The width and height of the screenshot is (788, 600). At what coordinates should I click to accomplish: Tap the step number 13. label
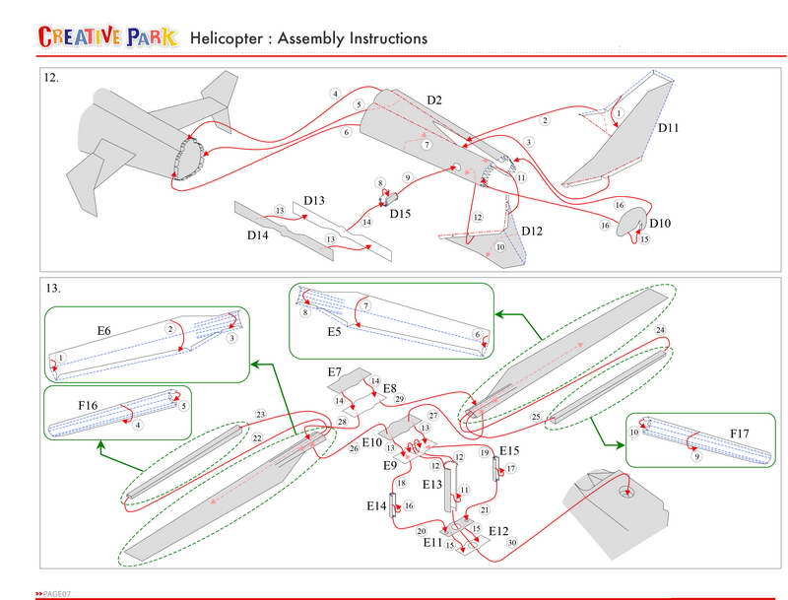click(x=52, y=289)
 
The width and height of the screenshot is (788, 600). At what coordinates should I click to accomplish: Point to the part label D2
click(x=433, y=100)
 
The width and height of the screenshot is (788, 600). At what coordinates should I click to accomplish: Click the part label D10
click(x=660, y=224)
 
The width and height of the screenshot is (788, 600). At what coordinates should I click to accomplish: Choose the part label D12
click(x=532, y=231)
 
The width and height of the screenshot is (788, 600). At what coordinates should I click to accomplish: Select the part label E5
click(x=334, y=333)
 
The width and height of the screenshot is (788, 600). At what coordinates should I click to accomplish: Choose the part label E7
click(x=335, y=372)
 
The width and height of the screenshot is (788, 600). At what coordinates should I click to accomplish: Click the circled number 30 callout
click(x=511, y=543)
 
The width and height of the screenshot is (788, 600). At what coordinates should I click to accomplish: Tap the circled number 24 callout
click(x=660, y=329)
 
